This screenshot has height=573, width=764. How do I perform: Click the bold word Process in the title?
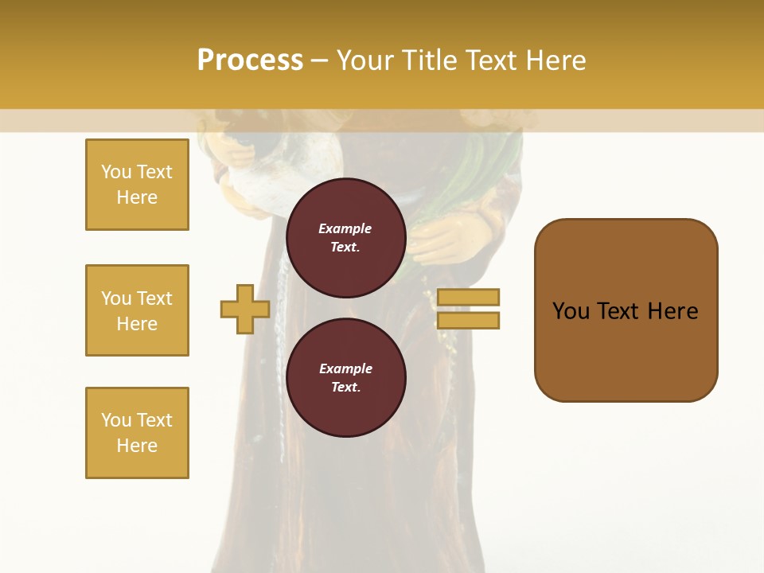click(250, 60)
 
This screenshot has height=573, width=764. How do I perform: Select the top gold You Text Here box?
click(137, 185)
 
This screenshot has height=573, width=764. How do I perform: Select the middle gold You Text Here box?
click(137, 310)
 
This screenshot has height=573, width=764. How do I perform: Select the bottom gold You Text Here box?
click(137, 432)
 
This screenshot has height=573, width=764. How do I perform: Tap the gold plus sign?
click(245, 309)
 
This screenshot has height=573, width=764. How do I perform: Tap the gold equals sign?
click(469, 309)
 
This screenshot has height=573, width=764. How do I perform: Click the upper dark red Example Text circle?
click(345, 237)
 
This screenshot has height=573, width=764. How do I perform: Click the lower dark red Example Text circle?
click(345, 377)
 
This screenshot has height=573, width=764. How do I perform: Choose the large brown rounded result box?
click(626, 310)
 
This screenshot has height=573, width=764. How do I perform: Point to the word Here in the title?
click(557, 60)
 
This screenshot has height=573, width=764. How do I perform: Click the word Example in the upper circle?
click(345, 228)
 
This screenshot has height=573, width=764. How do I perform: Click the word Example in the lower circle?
click(345, 368)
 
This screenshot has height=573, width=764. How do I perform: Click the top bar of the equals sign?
click(469, 298)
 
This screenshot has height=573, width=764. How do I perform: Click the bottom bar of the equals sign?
click(469, 320)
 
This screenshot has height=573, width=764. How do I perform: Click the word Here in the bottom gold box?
click(137, 446)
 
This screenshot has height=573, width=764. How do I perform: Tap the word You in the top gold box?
click(115, 172)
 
